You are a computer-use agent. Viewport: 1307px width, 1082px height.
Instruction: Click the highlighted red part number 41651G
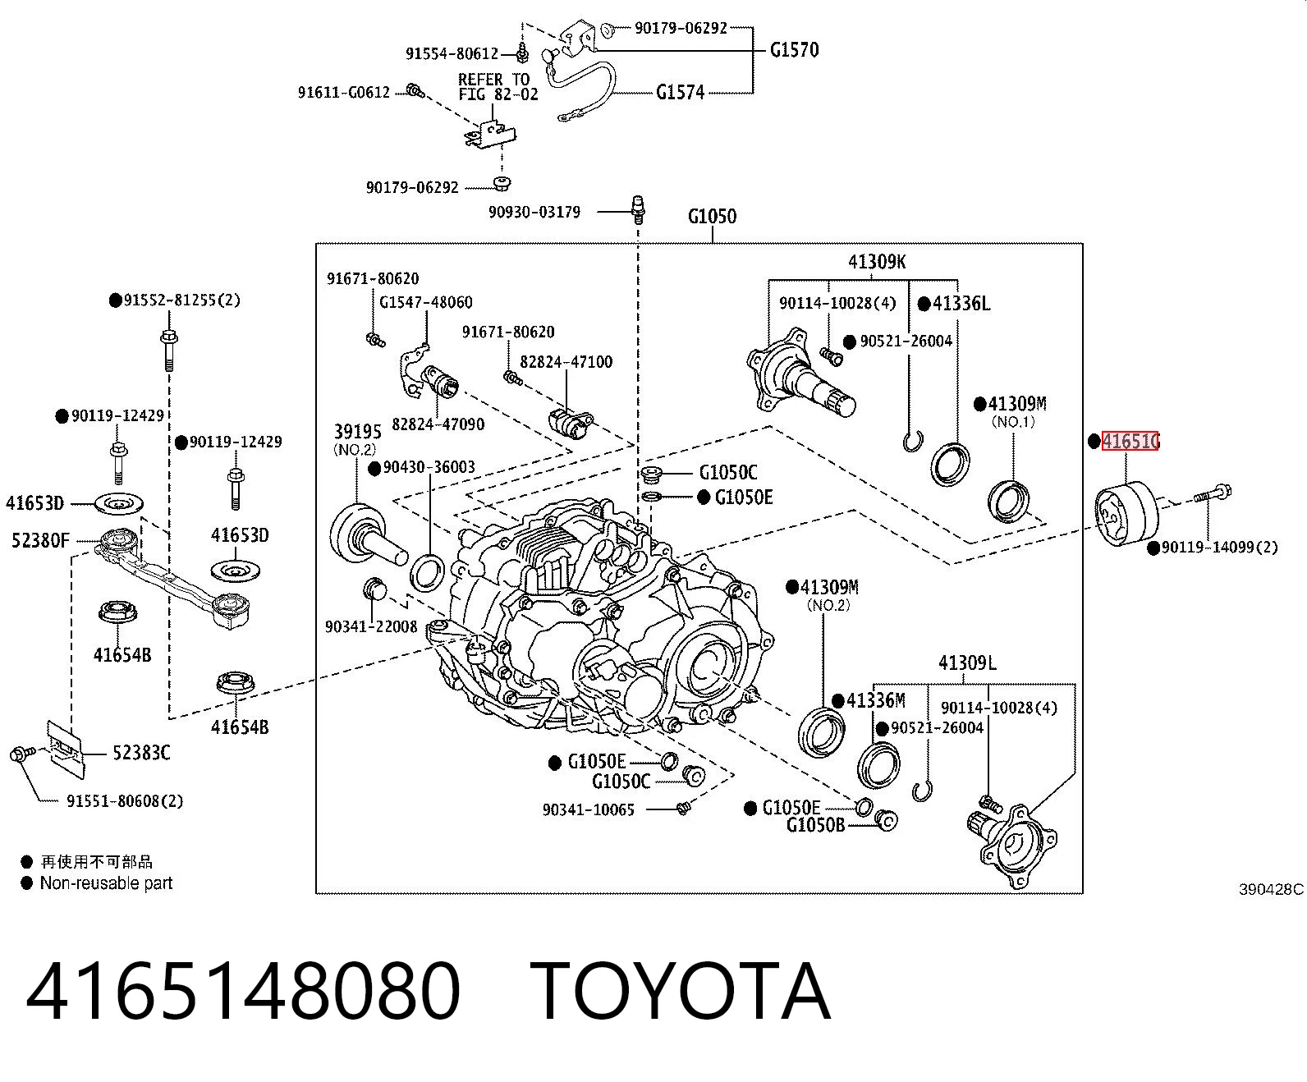click(1130, 441)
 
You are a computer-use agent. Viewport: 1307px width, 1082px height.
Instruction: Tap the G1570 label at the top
click(795, 49)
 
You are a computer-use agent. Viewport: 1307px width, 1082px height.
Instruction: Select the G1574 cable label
click(680, 93)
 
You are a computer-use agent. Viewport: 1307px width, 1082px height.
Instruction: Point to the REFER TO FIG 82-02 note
click(498, 87)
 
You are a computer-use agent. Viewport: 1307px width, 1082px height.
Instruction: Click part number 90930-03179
click(534, 212)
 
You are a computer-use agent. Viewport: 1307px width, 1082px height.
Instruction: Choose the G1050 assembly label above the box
click(712, 216)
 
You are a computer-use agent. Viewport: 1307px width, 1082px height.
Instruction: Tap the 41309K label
click(876, 261)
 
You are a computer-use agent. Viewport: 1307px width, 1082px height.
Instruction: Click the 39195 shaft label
click(357, 431)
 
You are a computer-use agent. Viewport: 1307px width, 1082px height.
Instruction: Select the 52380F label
click(41, 539)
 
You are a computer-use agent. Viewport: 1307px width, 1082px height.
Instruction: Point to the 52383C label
click(141, 752)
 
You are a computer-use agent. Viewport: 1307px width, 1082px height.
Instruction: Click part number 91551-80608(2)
click(125, 801)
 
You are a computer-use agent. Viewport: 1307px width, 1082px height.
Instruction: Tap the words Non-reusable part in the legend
click(106, 883)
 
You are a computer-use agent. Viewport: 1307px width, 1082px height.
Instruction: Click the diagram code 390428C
click(1272, 889)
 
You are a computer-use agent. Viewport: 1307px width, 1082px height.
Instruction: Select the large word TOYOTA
click(681, 992)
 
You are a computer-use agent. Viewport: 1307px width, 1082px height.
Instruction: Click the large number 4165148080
click(243, 992)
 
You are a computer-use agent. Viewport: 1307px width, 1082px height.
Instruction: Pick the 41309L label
click(967, 662)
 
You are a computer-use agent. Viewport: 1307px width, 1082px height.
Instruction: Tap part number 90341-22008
click(371, 626)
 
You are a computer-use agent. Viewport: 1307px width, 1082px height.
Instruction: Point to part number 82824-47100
click(566, 361)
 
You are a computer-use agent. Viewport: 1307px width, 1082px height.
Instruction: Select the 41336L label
click(961, 304)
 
